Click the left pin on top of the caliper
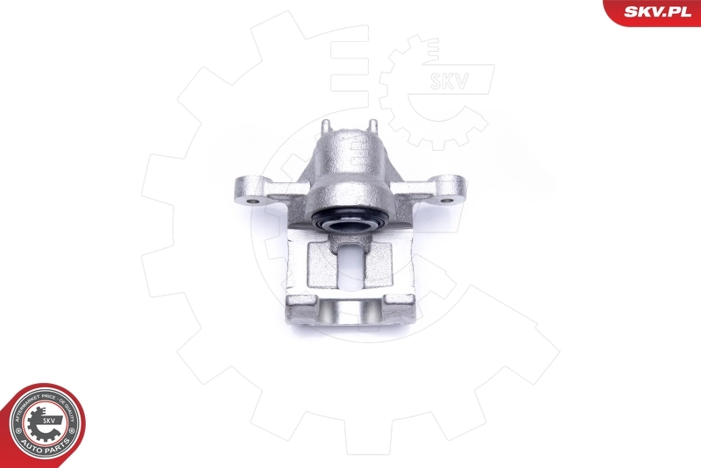point(324,128)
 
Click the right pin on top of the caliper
point(373,128)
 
